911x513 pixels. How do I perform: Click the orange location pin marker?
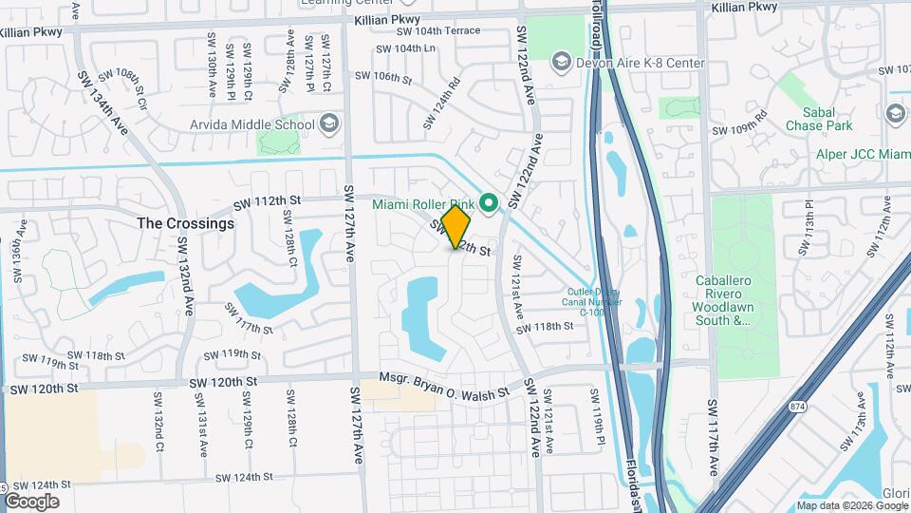(x=455, y=227)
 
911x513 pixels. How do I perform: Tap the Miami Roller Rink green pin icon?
(x=490, y=202)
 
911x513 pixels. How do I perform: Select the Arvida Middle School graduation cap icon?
(x=328, y=123)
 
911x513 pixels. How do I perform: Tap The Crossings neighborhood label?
(x=185, y=223)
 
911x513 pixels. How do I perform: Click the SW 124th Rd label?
(x=441, y=103)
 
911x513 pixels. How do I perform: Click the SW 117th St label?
(x=249, y=318)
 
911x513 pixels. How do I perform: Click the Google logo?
(x=32, y=502)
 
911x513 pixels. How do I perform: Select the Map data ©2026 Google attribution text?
(x=851, y=505)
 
